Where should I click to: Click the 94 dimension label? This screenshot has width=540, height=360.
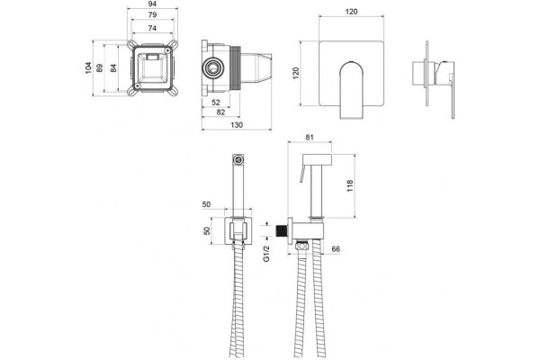[152, 4]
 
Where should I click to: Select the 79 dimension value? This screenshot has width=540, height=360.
[152, 14]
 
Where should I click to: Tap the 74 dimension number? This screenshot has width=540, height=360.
[152, 28]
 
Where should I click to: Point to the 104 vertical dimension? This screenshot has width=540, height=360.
[88, 67]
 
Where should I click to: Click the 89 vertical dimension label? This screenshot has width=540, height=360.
[100, 67]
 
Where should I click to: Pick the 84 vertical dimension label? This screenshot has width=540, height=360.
[113, 67]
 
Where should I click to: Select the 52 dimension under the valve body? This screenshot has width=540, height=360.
[216, 103]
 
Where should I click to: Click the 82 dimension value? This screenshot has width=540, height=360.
[220, 112]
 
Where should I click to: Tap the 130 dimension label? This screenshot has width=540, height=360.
[237, 125]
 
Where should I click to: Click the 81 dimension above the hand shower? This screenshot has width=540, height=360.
[310, 137]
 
